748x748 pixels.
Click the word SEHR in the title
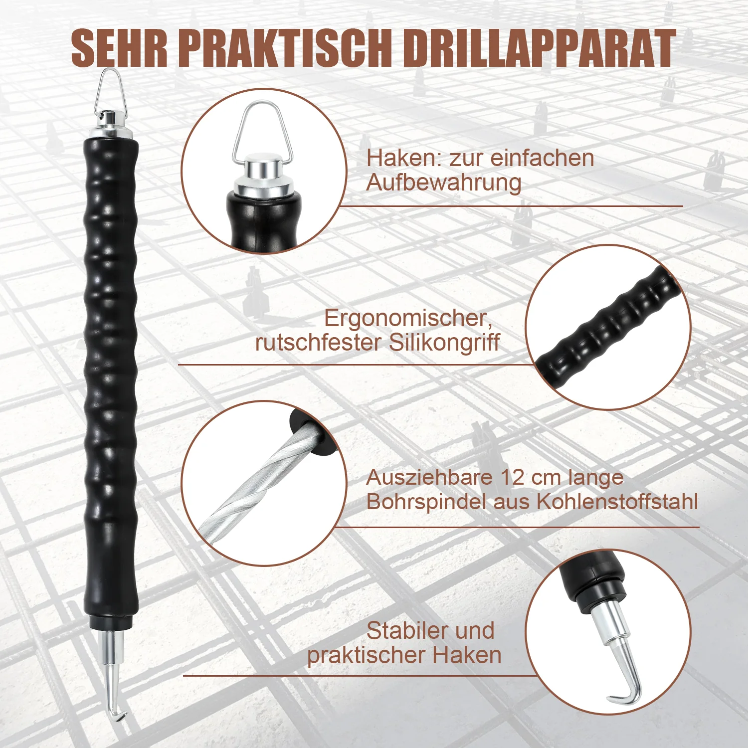[x=119, y=48]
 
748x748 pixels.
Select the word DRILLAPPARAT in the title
[x=539, y=48]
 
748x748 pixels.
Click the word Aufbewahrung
[x=444, y=183]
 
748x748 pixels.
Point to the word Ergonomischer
[x=408, y=318]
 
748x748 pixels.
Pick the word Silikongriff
[x=444, y=343]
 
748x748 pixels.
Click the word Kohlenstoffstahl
[x=617, y=502]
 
